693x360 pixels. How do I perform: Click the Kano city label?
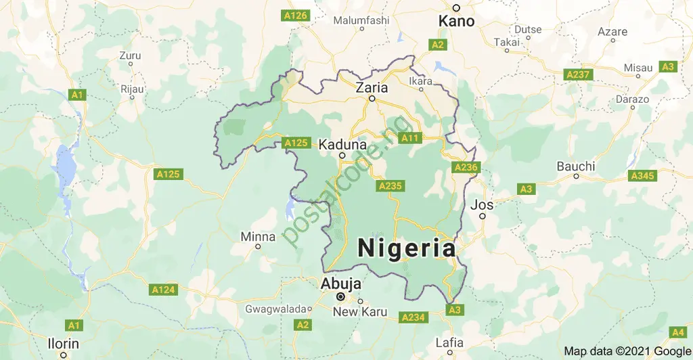(x=457, y=22)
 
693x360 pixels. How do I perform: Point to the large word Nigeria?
(x=406, y=248)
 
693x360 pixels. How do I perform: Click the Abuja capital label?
(x=342, y=284)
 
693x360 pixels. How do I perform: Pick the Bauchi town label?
(x=576, y=166)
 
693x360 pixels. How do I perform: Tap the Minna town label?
(x=259, y=237)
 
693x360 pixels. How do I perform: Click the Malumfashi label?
(x=362, y=20)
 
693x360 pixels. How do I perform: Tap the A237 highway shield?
(x=578, y=74)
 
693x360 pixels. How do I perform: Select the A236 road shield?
(x=466, y=167)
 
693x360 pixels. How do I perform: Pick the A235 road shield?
(x=391, y=185)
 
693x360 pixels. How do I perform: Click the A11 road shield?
(x=410, y=138)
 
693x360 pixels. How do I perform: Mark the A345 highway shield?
(x=642, y=176)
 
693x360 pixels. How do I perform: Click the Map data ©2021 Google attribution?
(x=627, y=351)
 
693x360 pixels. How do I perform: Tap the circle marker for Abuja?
(x=341, y=296)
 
